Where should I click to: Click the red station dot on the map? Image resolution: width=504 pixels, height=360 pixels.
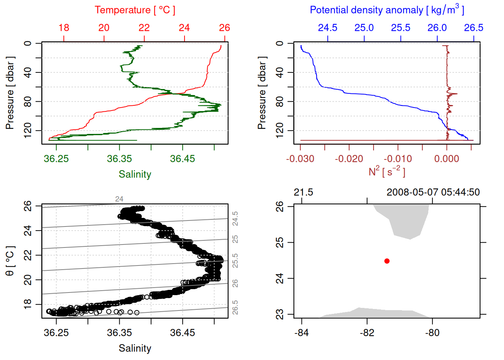[387, 261]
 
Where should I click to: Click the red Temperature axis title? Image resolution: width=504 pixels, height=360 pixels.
[135, 10]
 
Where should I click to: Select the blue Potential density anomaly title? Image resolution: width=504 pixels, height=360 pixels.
[387, 10]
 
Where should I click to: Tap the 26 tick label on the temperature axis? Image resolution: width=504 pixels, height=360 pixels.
[224, 28]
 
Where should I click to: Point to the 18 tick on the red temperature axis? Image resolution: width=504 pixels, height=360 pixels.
[64, 28]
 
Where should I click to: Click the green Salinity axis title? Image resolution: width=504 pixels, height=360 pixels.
[135, 174]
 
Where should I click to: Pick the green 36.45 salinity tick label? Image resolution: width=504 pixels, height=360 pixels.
[183, 159]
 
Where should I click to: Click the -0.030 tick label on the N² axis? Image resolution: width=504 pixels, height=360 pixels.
[300, 159]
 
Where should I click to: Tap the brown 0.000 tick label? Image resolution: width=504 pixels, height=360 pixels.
[447, 159]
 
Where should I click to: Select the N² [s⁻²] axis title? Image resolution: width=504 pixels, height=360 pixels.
[387, 171]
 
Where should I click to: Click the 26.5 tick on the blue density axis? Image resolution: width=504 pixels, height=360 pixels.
[473, 28]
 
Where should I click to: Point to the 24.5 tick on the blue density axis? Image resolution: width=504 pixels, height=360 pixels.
[327, 28]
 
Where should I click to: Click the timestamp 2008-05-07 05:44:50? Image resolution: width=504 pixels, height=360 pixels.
[433, 192]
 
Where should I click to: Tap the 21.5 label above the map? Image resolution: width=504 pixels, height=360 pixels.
[303, 192]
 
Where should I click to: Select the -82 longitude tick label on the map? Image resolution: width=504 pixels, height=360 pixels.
[367, 333]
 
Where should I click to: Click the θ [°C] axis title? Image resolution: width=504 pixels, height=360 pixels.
[10, 261]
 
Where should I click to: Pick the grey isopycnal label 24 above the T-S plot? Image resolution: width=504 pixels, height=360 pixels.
[119, 199]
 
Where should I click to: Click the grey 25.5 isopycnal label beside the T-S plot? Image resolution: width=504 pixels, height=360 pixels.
[235, 261]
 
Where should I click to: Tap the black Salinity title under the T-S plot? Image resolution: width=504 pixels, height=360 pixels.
[135, 348]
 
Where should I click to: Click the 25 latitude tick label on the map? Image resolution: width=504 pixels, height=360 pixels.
[280, 242]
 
